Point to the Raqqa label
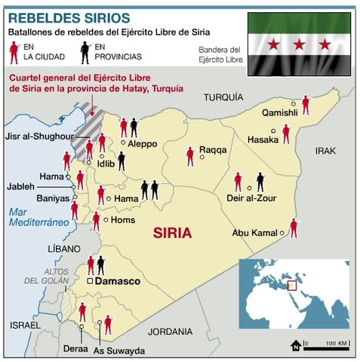point(214,150)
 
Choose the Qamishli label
point(279,112)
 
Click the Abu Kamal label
point(256,233)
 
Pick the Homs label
point(123,220)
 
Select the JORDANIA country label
point(171,330)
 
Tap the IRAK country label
point(325,151)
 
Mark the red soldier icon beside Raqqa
point(190,156)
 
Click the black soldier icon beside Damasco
point(101,265)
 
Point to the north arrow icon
point(296,346)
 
